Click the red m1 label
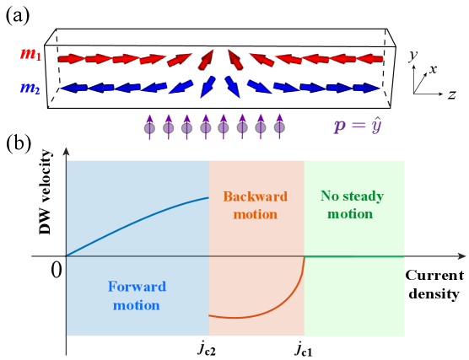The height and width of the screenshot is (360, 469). pyautogui.click(x=30, y=55)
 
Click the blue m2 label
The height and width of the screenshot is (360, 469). pyautogui.click(x=30, y=88)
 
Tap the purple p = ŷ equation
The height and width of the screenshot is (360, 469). pyautogui.click(x=358, y=126)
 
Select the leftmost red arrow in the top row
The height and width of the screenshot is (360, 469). pyautogui.click(x=72, y=59)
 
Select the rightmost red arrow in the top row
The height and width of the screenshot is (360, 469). pyautogui.click(x=369, y=59)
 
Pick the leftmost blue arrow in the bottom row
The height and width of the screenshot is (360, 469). pyautogui.click(x=74, y=88)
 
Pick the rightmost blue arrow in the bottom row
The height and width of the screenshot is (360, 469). pyautogui.click(x=366, y=88)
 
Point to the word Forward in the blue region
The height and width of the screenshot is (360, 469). pyautogui.click(x=137, y=287)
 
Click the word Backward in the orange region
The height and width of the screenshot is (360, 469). pyautogui.click(x=255, y=196)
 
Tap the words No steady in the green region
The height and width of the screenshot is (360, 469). pyautogui.click(x=352, y=196)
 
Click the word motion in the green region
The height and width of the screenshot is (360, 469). pyautogui.click(x=350, y=214)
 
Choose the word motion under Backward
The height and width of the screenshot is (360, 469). pyautogui.click(x=255, y=214)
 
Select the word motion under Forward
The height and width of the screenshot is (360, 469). pyautogui.click(x=137, y=304)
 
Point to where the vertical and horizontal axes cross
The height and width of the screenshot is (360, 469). pyautogui.click(x=66, y=255)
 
